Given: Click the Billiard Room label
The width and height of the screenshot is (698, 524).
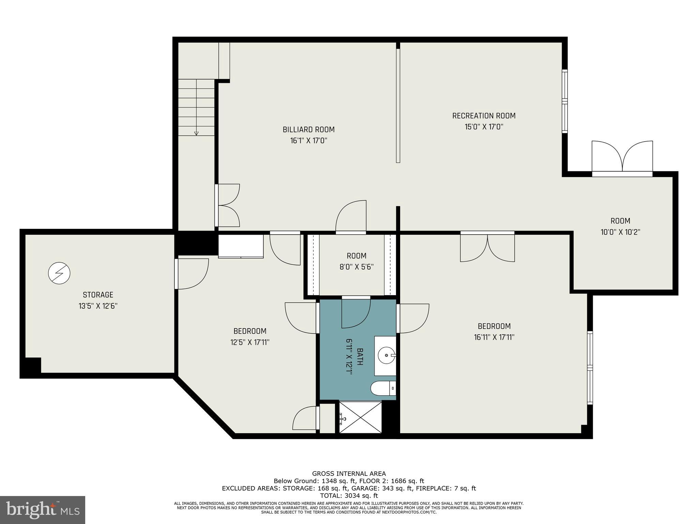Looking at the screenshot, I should [308, 130].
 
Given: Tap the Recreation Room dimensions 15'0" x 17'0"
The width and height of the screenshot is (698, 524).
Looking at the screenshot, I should [484, 127].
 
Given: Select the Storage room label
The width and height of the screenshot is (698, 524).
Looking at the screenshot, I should [98, 295].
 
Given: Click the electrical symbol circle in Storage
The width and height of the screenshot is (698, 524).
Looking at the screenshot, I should [59, 273].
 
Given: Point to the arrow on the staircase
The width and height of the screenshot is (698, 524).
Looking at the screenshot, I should [196, 133].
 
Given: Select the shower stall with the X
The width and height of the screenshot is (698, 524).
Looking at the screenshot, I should [361, 417].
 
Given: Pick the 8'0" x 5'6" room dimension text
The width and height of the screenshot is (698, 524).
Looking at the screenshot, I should [356, 267].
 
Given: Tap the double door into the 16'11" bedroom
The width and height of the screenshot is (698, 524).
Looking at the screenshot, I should [487, 247].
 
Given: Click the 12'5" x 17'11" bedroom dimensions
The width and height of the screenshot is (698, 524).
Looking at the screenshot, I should [250, 342].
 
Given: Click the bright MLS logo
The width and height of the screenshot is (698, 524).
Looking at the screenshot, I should [43, 510].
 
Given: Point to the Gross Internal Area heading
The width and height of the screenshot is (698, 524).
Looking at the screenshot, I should [349, 474].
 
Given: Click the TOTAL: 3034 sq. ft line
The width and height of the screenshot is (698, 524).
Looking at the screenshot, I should [349, 496].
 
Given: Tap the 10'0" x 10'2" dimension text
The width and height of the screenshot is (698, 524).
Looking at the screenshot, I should [620, 232].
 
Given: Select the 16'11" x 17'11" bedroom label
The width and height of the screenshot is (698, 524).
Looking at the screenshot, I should [494, 326].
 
